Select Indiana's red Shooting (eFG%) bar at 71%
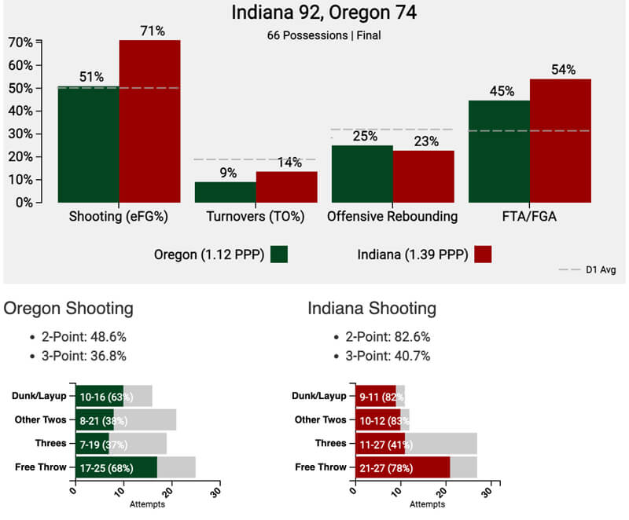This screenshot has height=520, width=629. tap(149, 122)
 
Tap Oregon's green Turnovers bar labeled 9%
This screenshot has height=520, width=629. tap(225, 192)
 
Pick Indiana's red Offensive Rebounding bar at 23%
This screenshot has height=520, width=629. tap(423, 176)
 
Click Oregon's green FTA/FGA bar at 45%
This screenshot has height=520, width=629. tap(499, 151)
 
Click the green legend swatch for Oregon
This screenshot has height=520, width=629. tap(279, 254)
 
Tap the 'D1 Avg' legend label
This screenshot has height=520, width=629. tap(600, 270)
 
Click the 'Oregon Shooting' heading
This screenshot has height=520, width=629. tap(68, 308)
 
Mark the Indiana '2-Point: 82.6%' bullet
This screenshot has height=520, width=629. tap(390, 336)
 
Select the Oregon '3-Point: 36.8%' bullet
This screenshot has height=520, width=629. tap(86, 356)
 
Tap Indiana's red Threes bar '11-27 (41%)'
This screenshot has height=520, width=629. tap(380, 443)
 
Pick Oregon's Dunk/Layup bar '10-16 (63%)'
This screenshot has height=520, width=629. tap(99, 396)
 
